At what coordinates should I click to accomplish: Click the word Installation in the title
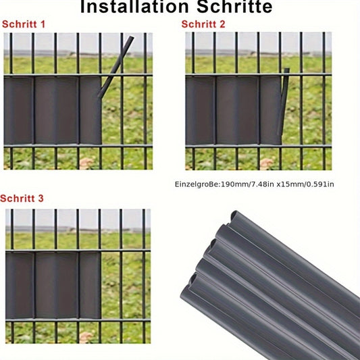134,7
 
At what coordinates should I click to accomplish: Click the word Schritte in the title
234,7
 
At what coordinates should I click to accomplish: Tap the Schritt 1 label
24,24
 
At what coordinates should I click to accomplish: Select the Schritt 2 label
203,24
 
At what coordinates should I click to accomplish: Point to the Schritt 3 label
22,199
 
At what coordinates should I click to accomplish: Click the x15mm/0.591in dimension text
305,184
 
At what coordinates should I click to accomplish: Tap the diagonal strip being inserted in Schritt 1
115,67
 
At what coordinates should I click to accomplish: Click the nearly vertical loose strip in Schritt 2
283,102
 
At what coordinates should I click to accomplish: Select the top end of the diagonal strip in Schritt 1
131,37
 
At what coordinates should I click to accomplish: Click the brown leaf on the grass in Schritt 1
86,163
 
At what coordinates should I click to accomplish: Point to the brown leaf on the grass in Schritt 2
267,163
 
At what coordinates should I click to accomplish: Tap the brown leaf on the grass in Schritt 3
86,337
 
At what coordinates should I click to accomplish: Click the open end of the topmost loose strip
234,215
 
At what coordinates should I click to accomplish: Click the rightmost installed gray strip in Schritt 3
90,285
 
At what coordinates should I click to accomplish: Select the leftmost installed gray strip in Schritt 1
18,110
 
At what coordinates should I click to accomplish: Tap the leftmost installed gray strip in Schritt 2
200,110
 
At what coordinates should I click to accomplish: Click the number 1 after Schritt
43,24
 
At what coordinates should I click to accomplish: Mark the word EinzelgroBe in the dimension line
197,184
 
